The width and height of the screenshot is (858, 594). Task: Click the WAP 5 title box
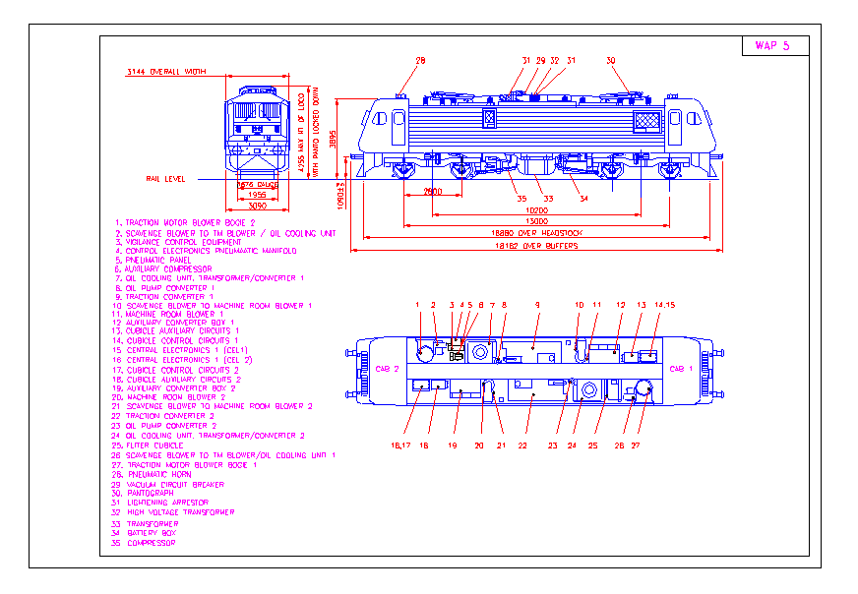click(772, 46)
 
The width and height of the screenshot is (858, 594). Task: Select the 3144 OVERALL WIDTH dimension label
click(167, 73)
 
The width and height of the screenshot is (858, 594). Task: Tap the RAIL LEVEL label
click(165, 179)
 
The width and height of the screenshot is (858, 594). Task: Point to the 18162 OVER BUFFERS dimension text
click(537, 246)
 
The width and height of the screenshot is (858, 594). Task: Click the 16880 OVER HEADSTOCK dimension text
click(537, 233)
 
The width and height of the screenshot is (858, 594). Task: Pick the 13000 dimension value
click(536, 221)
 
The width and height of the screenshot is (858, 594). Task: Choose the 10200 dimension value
click(536, 210)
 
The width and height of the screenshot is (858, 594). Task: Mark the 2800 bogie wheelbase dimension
click(432, 191)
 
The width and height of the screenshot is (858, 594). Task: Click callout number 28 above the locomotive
click(420, 61)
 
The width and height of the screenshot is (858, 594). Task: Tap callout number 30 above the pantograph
click(610, 61)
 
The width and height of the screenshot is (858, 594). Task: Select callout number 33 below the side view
click(548, 199)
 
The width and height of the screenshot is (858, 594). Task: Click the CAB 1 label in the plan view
click(680, 369)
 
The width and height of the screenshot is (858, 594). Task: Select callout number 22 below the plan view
click(523, 445)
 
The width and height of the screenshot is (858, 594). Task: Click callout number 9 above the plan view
click(537, 305)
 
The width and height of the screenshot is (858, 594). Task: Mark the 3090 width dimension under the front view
click(256, 207)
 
